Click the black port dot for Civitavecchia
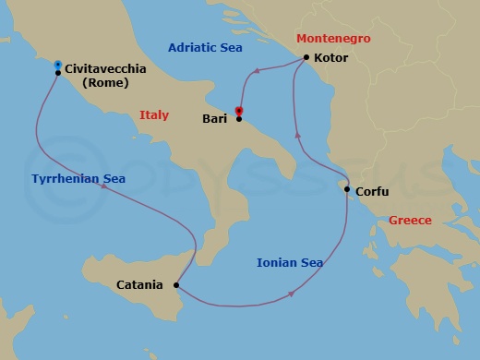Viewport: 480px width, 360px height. tap(58, 73)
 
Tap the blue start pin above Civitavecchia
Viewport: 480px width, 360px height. tap(58, 64)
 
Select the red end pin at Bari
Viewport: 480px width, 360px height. tap(239, 112)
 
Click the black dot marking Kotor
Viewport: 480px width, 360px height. tap(306, 58)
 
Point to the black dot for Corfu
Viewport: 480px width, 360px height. tap(347, 190)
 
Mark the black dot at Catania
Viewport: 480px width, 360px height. tap(176, 284)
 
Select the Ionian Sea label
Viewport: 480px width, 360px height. tap(290, 263)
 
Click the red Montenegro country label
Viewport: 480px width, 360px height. tap(332, 39)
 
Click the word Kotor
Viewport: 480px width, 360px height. tap(331, 58)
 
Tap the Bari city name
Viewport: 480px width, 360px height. tap(214, 119)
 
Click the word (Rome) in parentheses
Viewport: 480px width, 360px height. tap(104, 83)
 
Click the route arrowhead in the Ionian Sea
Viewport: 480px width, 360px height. tap(292, 294)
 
